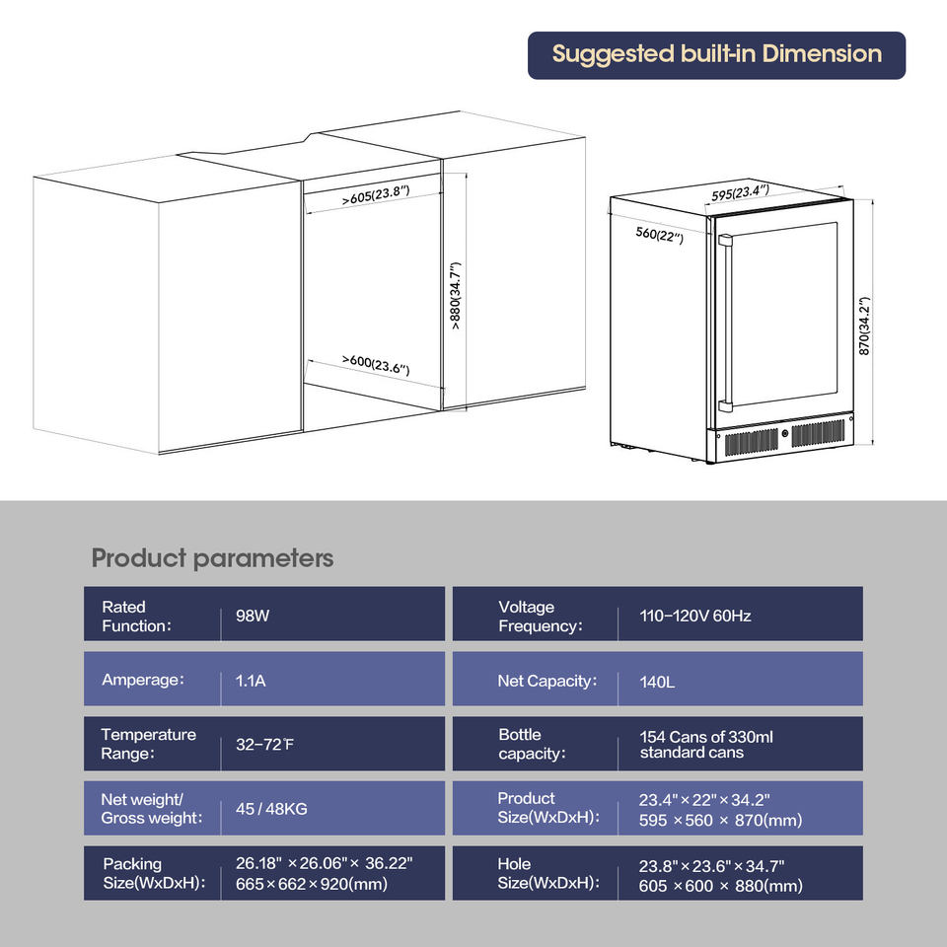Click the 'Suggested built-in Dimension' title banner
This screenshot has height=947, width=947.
716,54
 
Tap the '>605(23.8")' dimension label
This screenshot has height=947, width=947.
376,194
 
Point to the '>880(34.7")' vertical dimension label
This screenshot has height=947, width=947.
456,296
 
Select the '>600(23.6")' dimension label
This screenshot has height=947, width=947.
375,364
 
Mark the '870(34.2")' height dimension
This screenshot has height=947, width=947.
864,326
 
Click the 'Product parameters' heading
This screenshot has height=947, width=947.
212,558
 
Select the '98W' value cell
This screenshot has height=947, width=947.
253,616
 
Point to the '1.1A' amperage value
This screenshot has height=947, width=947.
251,681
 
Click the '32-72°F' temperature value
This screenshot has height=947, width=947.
264,745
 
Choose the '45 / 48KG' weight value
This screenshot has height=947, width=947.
271,809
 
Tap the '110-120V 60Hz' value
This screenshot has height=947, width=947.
695,616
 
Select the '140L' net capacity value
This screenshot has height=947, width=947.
657,681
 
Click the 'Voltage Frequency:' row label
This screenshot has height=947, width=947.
540,617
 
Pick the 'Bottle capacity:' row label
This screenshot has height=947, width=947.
532,744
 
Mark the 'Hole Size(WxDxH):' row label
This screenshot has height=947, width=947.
547,873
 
